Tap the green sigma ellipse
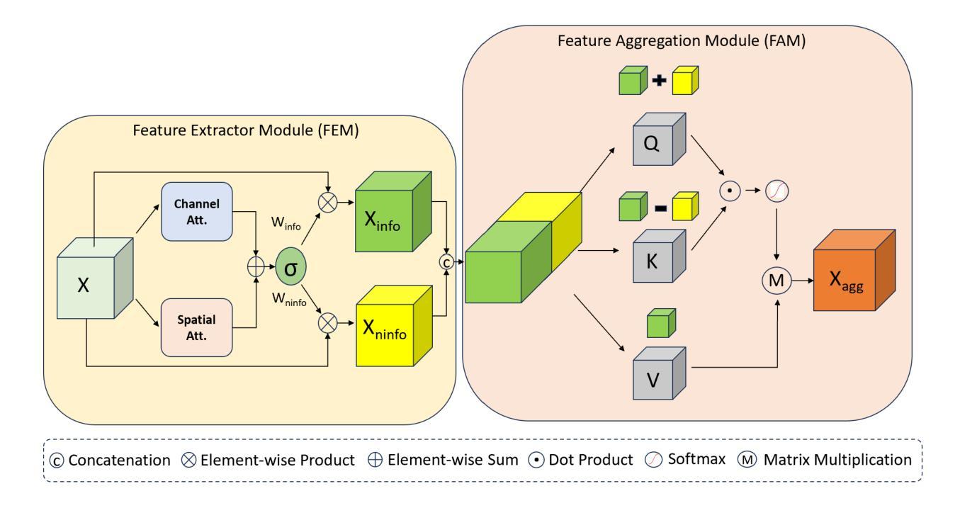pyautogui.click(x=290, y=271)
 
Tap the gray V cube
pyautogui.click(x=655, y=373)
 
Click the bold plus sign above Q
pyautogui.click(x=660, y=81)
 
